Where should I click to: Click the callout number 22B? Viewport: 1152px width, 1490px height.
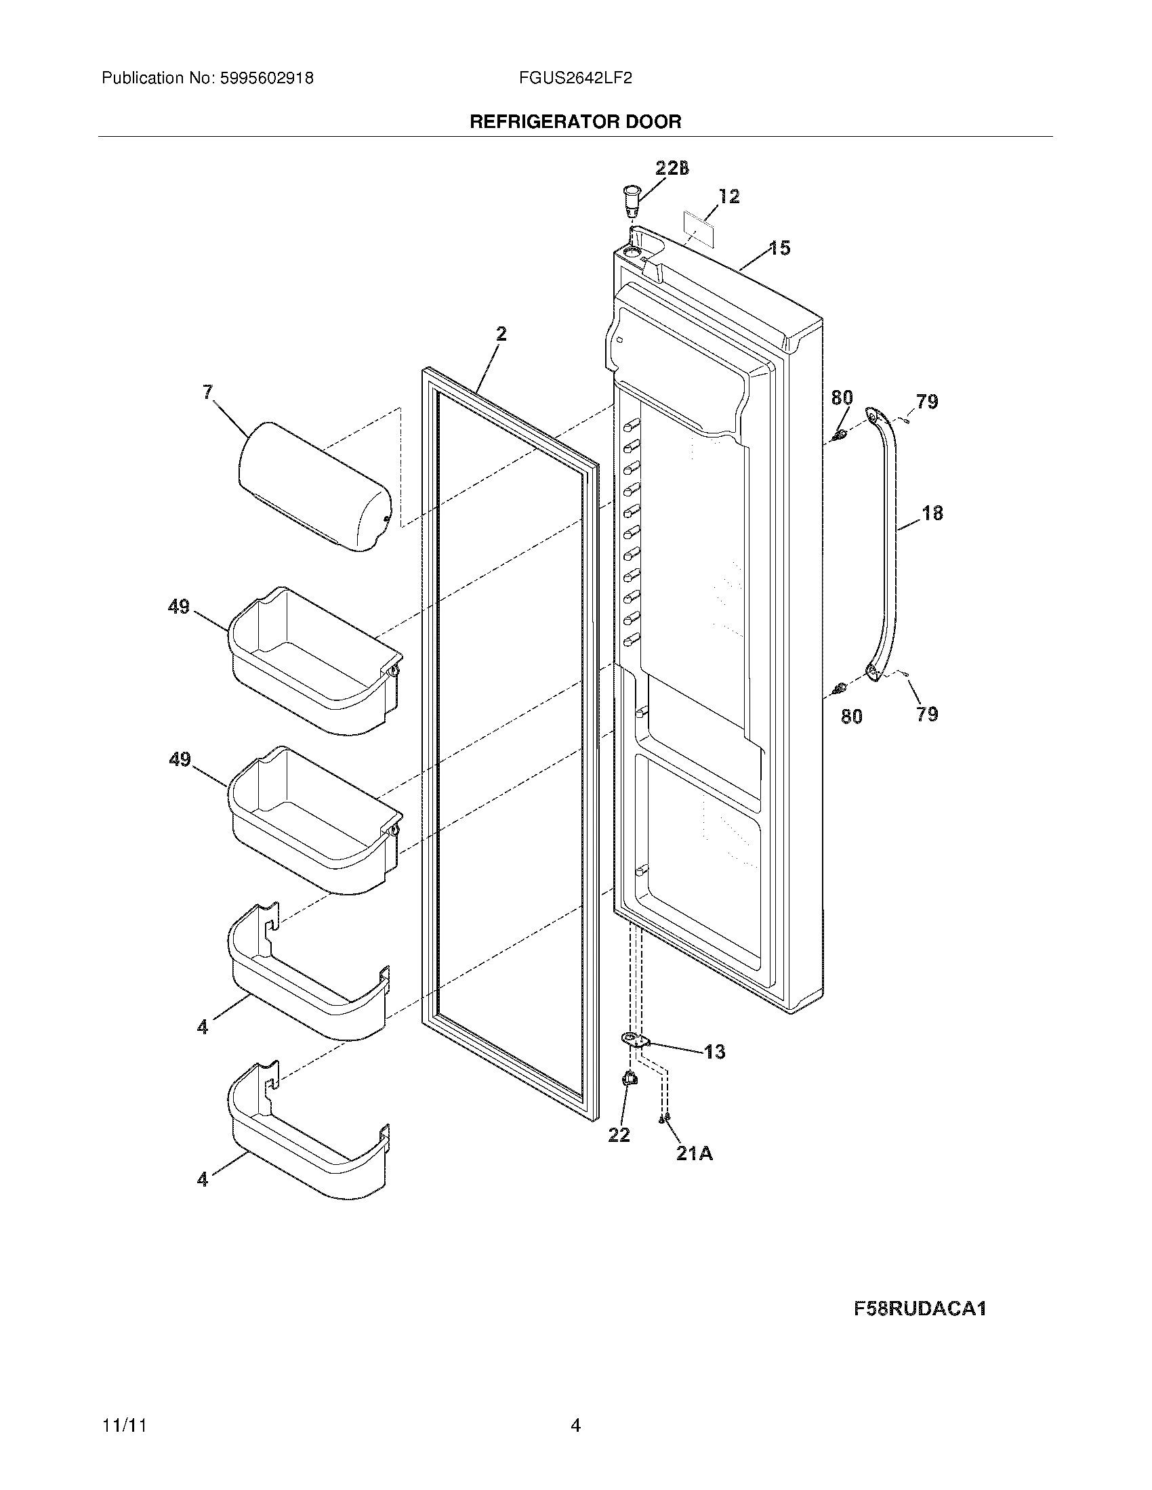(x=672, y=169)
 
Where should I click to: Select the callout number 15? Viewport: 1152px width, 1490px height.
(x=779, y=248)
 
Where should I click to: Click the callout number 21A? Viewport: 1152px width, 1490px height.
(x=694, y=1153)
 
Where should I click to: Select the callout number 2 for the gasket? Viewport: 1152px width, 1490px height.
(x=501, y=334)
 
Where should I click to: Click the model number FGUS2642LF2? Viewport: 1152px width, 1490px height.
(x=575, y=79)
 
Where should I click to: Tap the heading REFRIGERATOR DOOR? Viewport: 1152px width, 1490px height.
(x=575, y=122)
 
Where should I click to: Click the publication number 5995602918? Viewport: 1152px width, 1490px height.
(x=266, y=79)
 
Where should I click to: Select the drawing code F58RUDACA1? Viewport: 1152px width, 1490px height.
(x=920, y=1308)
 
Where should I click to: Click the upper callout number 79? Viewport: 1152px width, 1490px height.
(x=927, y=402)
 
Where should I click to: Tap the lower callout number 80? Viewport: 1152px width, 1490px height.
(x=851, y=717)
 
